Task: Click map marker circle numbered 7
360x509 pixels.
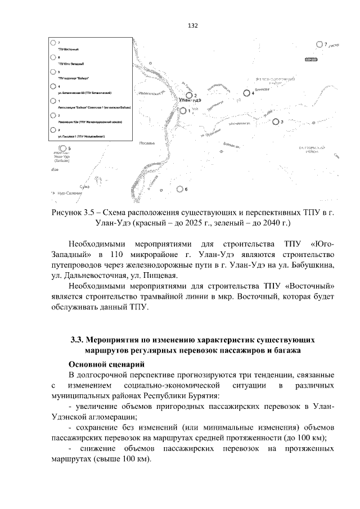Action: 319,44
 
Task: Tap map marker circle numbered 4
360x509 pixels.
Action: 246,93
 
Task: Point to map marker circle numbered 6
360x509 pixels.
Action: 179,189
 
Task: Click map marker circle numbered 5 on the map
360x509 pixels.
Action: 62,148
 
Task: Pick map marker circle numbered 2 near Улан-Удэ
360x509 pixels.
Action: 190,95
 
